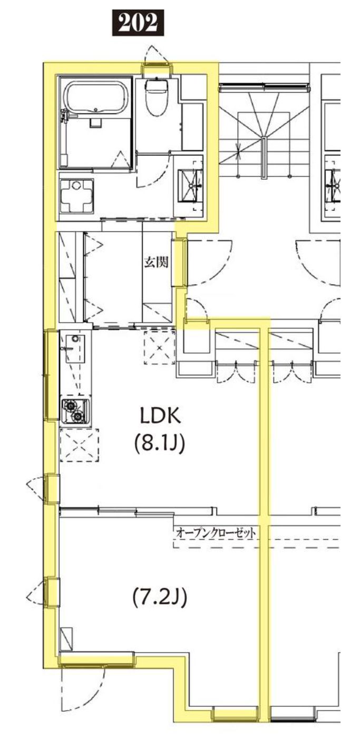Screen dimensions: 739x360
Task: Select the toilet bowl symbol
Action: pos(156,97)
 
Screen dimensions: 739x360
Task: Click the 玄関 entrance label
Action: pos(157,262)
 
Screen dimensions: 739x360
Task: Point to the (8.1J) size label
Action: pos(159,443)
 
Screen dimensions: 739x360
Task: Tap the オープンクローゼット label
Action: pos(216,533)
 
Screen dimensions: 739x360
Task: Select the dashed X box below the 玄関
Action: pos(159,347)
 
